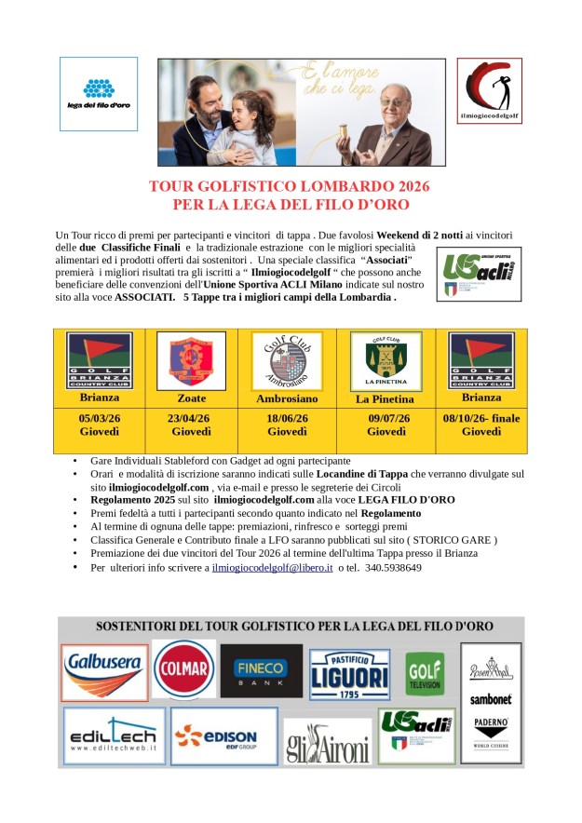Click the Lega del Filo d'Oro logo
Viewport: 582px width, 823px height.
click(99, 93)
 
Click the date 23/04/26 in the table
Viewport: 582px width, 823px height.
click(189, 419)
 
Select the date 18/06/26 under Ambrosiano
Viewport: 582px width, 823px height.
click(286, 419)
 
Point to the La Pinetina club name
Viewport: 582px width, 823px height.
click(385, 399)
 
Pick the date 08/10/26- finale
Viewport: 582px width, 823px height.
click(481, 419)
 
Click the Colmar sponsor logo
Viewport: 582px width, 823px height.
click(184, 668)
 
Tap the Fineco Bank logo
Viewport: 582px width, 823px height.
click(262, 671)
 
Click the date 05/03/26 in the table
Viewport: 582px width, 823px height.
click(100, 419)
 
